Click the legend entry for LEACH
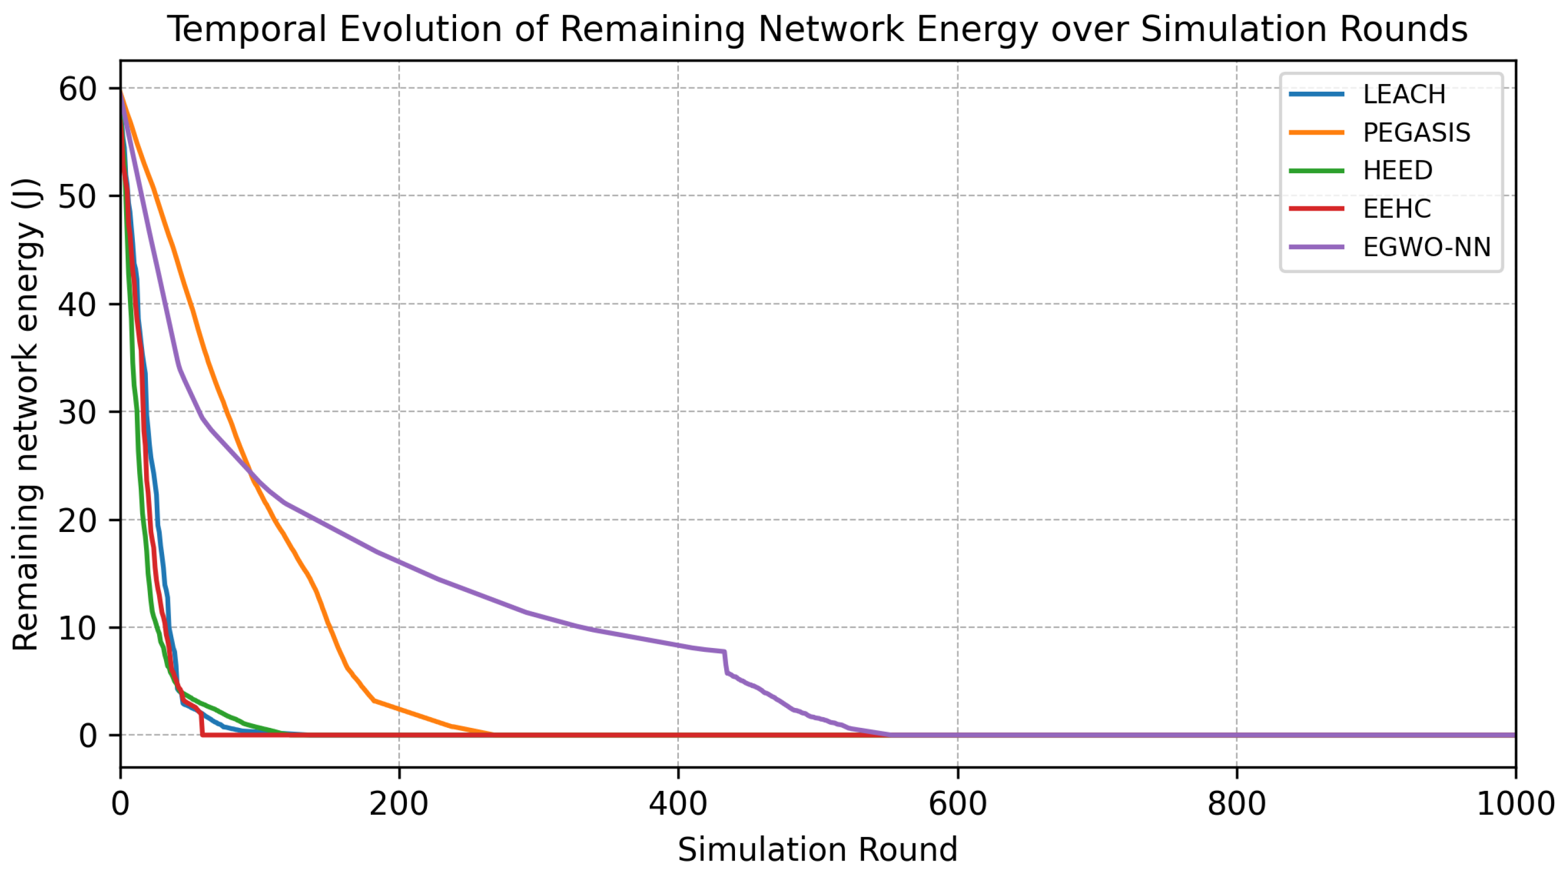coord(1404,94)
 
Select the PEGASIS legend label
coord(1416,132)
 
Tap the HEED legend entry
coord(1397,170)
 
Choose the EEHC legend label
coord(1396,209)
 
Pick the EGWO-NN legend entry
coord(1426,247)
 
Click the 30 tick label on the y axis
coord(78,413)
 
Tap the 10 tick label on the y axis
coord(78,628)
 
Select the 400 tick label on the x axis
coord(677,804)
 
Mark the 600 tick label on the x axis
coord(957,804)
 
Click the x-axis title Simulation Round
coord(817,849)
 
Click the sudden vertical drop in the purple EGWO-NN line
coord(725,662)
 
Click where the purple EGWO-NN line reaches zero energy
coord(889,734)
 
